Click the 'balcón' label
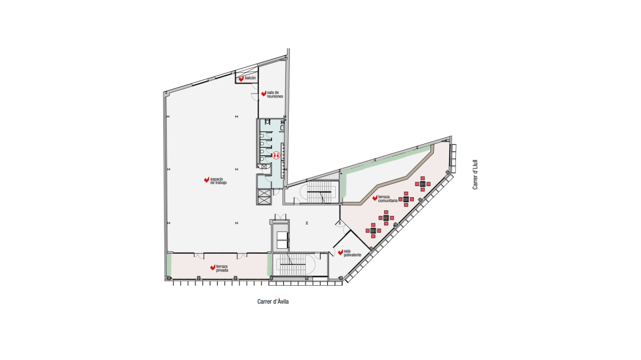(250, 78)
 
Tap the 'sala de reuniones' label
(275, 94)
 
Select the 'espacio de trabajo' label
(218, 181)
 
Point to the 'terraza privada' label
(222, 268)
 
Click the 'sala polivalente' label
(352, 253)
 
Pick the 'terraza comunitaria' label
(388, 199)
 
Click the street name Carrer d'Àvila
(273, 301)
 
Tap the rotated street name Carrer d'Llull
(475, 174)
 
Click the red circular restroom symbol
(276, 155)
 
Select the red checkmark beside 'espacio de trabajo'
(207, 180)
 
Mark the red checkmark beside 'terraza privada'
(213, 268)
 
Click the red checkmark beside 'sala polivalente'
(340, 253)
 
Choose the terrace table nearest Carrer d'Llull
(423, 184)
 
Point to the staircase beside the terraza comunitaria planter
(322, 192)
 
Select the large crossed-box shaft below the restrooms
(264, 197)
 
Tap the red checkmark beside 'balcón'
(241, 79)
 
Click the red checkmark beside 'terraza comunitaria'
(375, 198)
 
